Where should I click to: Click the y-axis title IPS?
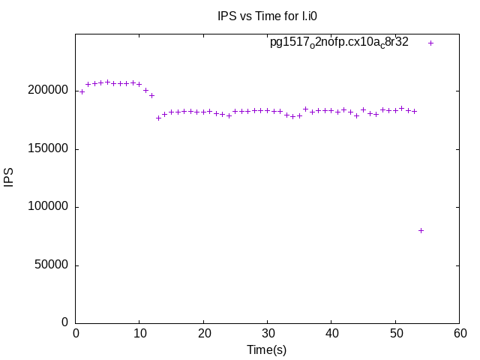(9, 178)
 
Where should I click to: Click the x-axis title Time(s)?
(267, 349)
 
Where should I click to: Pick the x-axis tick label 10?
(139, 333)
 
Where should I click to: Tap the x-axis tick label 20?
(203, 333)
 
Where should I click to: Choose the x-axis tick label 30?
(268, 333)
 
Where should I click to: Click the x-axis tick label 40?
(331, 333)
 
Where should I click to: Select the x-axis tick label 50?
(396, 333)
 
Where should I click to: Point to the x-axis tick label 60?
(460, 333)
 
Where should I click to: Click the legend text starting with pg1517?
(339, 43)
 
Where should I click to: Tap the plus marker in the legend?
(430, 43)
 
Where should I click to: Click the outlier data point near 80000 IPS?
(421, 230)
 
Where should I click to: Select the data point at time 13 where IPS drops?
(158, 118)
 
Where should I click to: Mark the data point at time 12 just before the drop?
(151, 95)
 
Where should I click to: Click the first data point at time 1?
(82, 91)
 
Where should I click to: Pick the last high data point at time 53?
(414, 111)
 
